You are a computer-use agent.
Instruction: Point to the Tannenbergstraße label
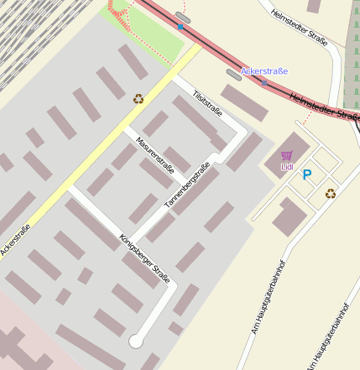click(x=186, y=184)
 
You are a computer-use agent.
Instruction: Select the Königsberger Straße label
click(x=145, y=257)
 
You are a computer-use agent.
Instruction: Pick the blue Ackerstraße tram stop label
click(x=263, y=71)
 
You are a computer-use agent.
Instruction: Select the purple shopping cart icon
click(x=287, y=155)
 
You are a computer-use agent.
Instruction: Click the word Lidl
click(x=287, y=167)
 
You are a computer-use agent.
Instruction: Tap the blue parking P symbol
click(x=307, y=175)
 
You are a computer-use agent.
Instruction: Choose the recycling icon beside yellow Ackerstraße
click(x=138, y=98)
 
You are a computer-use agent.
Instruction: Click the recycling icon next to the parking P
click(x=331, y=193)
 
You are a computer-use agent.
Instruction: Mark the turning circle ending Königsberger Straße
click(x=135, y=341)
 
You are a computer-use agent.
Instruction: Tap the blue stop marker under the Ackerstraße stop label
click(x=264, y=82)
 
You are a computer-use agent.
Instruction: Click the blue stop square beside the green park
click(x=180, y=28)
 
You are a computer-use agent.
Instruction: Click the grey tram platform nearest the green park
click(x=183, y=17)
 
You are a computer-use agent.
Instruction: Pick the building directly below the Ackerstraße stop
click(x=244, y=102)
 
